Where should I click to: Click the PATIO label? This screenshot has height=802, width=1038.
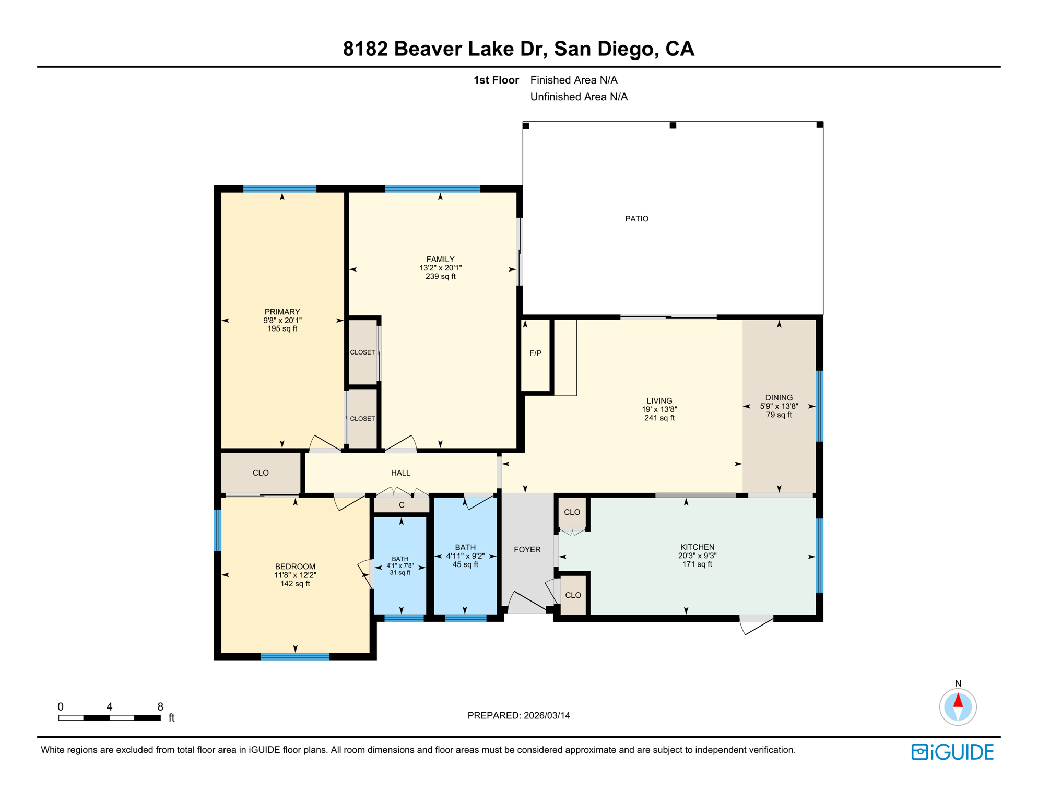click(636, 219)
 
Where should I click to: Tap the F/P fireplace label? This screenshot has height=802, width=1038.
click(535, 353)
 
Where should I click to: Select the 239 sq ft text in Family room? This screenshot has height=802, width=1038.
click(440, 277)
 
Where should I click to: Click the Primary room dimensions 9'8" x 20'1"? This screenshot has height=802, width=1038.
click(282, 320)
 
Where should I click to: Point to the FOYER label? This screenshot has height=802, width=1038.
click(527, 549)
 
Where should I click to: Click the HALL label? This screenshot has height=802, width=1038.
click(400, 473)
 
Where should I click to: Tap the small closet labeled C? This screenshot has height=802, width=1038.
click(402, 505)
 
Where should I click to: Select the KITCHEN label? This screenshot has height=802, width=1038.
click(697, 547)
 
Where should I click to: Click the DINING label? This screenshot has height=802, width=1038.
click(778, 398)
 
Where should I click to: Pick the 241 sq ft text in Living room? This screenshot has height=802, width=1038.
click(659, 418)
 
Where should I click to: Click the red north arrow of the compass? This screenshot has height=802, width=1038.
click(958, 701)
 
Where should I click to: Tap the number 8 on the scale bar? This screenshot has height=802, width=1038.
click(160, 706)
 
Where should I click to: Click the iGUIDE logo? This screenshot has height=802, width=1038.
click(952, 752)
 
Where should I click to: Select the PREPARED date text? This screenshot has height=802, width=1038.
click(518, 715)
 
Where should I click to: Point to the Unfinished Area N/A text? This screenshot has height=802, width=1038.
click(579, 97)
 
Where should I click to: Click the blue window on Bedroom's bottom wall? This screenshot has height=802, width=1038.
click(295, 656)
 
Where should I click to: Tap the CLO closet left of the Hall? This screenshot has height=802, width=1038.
click(261, 473)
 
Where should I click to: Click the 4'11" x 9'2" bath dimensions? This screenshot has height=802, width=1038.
click(465, 556)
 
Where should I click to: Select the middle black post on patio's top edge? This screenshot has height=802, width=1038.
click(673, 125)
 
